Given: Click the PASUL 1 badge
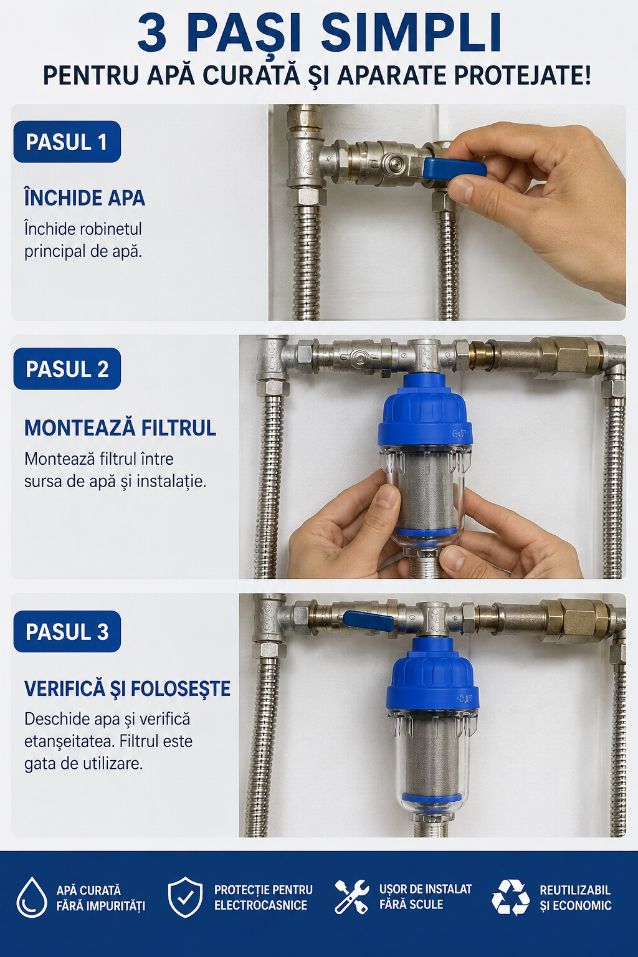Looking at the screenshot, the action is point(67,142).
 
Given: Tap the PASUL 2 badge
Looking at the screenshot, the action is point(67,369).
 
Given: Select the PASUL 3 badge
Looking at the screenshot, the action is point(67,631).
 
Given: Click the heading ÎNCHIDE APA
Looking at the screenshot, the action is point(85,198).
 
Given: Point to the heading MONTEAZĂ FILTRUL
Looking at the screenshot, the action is point(120,428).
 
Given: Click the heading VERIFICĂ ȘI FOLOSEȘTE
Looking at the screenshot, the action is point(127,688).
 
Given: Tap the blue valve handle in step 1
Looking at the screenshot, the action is point(454,168).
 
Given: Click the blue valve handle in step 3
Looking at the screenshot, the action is point(368,620).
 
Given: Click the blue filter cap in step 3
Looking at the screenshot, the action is point(432,675).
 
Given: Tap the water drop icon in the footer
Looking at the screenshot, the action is point(32,898).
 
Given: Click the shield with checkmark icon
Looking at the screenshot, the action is point(185,897).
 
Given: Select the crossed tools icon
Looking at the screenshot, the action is point(351,897).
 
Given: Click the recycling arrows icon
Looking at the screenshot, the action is point(510,897).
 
